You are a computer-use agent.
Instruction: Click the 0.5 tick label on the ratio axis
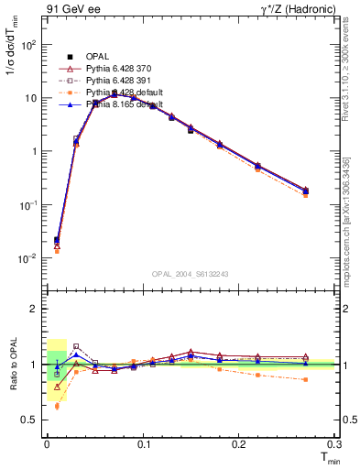(x=31, y=420)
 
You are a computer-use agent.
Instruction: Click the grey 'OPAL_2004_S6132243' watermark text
(x=191, y=274)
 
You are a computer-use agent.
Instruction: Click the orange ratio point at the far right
(x=305, y=379)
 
